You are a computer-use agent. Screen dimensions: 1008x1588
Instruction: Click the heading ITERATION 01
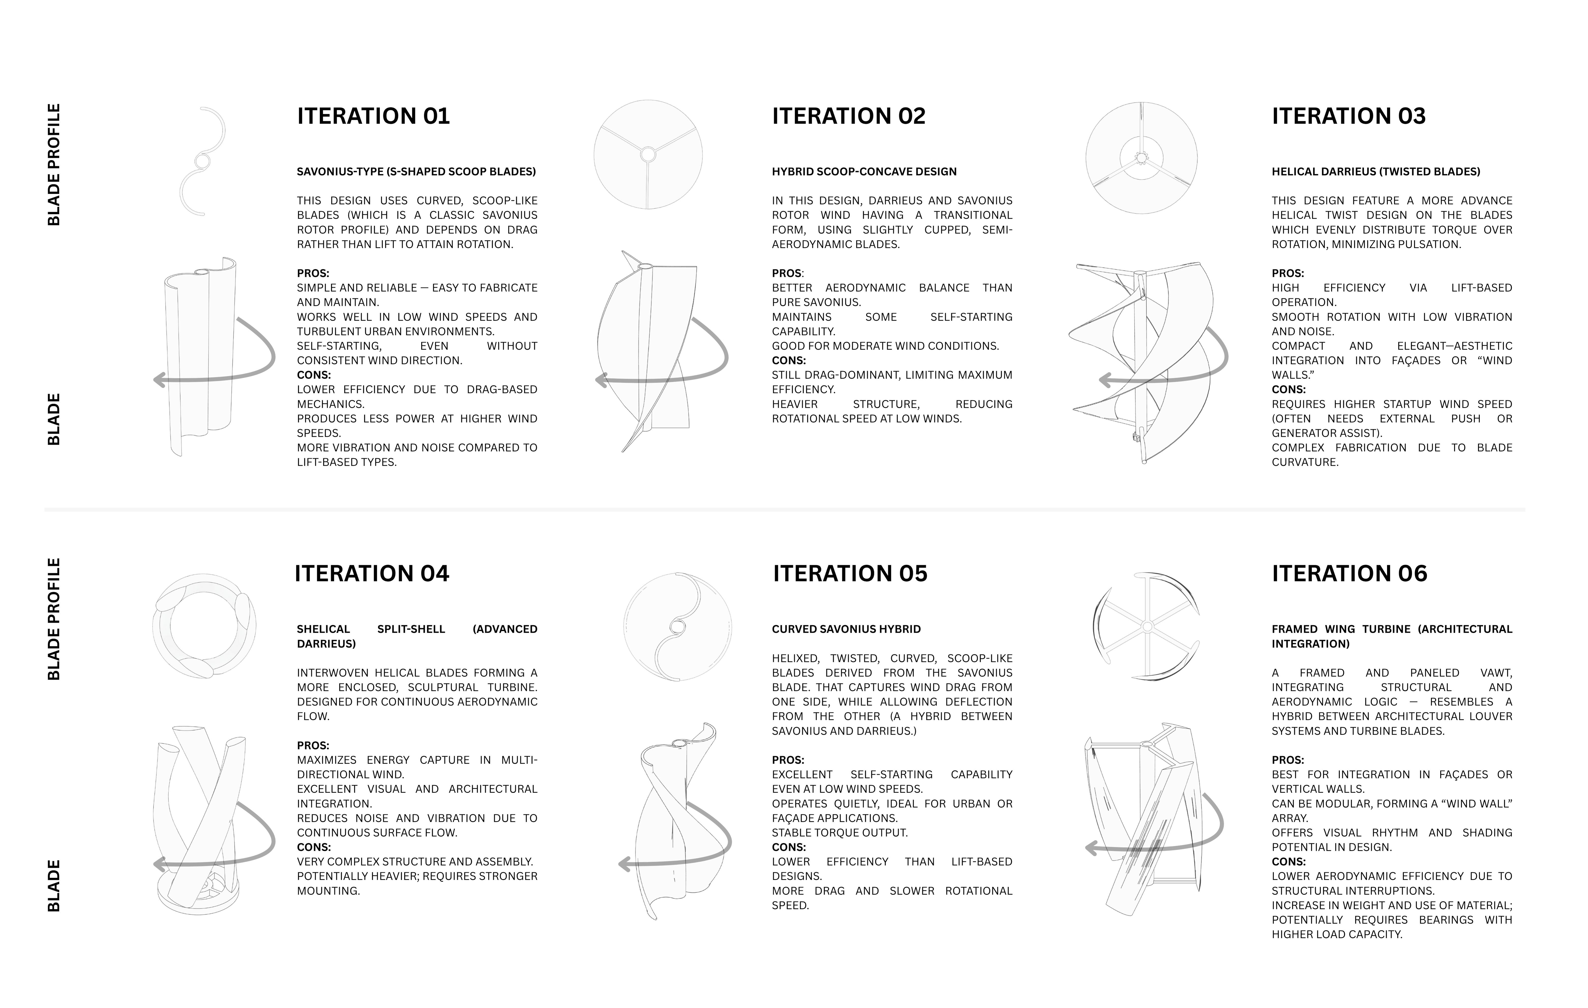(373, 116)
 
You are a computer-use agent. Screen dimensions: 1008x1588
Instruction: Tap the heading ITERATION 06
(1349, 573)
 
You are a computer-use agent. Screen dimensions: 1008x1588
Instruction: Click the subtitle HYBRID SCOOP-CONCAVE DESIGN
(864, 172)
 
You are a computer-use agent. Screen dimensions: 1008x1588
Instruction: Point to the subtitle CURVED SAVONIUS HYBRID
(846, 629)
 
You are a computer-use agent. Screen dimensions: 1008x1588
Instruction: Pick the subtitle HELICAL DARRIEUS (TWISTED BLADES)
(1376, 172)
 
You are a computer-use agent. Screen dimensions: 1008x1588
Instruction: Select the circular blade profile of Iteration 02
(648, 154)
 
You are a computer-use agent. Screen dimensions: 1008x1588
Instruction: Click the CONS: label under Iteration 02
(789, 360)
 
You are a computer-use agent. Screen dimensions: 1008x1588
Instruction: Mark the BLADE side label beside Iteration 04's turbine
(54, 885)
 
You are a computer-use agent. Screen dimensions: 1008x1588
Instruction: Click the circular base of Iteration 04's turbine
(198, 897)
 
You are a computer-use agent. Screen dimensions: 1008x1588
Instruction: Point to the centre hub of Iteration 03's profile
(1141, 158)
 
